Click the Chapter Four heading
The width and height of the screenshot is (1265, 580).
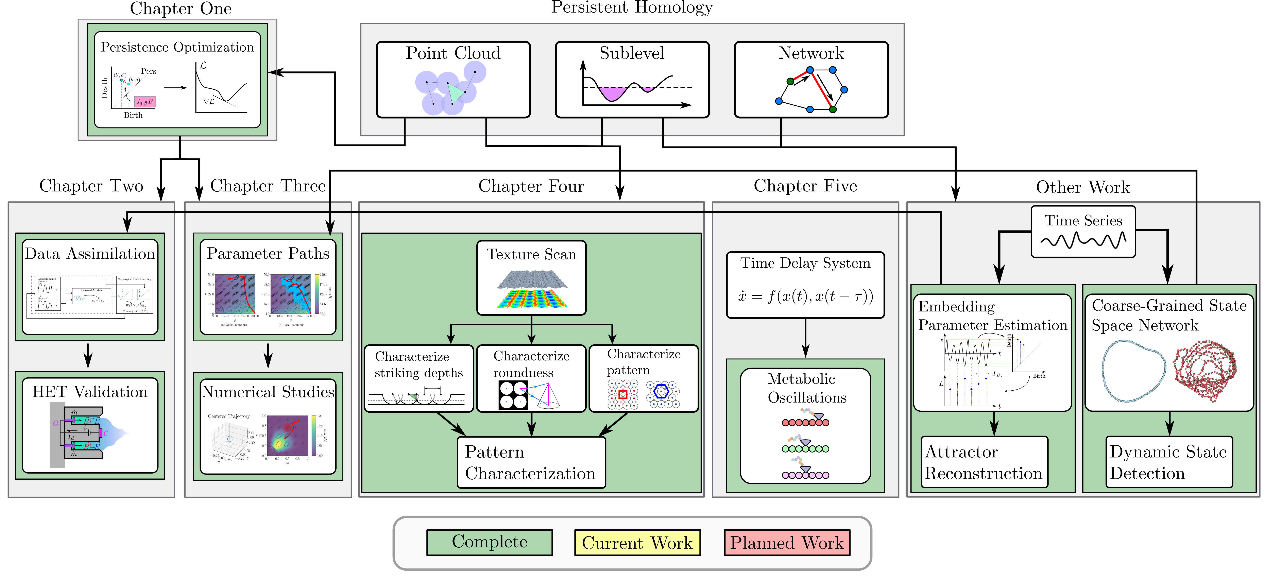coord(531,186)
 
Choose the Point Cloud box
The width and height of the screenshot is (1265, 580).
coord(453,80)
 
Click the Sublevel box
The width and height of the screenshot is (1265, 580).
coord(632,80)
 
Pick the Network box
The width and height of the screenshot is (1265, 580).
coord(811,80)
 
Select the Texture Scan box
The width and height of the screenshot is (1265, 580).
coord(531,277)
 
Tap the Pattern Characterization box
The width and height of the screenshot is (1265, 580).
coord(531,462)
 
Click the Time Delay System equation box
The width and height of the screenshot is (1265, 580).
coord(805,285)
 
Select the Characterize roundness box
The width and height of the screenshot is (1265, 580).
coord(531,378)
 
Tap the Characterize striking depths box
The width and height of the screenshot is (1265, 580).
coord(418,378)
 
